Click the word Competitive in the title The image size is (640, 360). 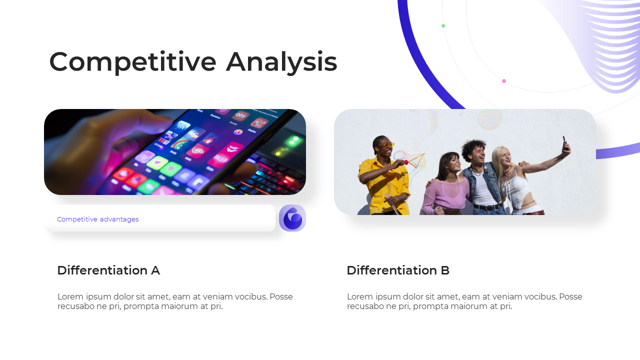click(x=132, y=62)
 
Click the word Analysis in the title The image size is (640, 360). click(x=281, y=62)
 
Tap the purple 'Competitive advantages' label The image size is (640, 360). click(x=97, y=219)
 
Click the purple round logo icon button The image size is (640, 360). click(x=292, y=218)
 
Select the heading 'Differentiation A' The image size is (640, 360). click(x=108, y=270)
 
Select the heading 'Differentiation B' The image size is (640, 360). click(x=398, y=270)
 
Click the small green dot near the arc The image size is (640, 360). click(x=443, y=25)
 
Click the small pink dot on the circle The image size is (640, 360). click(x=504, y=81)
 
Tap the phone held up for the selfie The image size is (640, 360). click(x=564, y=143)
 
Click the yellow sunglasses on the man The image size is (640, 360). click(x=387, y=145)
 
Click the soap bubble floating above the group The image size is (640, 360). click(x=489, y=119)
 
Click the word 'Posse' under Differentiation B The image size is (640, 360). click(x=570, y=296)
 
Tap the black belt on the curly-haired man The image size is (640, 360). click(x=487, y=207)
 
